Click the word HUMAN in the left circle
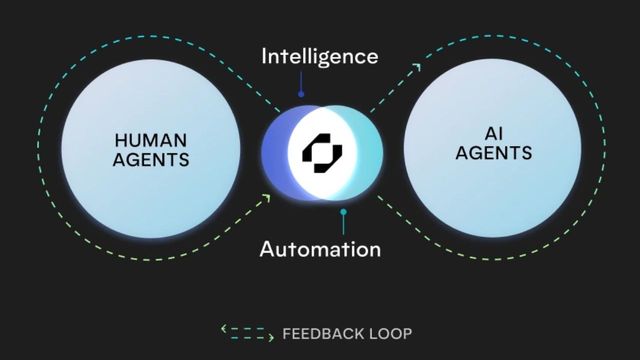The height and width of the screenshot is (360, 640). point(150,140)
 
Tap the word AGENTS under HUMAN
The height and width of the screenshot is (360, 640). point(150,159)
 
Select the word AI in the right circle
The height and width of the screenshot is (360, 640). point(493,134)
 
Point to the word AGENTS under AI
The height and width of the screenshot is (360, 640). point(493,153)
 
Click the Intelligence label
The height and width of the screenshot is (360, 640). point(320,56)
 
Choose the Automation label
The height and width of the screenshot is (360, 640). point(320,249)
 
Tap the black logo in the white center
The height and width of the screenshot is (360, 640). point(322,153)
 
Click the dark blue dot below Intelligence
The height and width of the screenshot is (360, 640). point(301,93)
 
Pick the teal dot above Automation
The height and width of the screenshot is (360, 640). point(343,212)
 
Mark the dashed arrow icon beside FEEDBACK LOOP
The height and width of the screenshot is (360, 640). point(247,333)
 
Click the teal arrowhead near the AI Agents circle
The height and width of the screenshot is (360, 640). point(416,67)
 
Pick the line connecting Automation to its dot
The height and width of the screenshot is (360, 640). point(343,224)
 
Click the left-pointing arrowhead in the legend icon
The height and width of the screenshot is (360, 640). point(223,328)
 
